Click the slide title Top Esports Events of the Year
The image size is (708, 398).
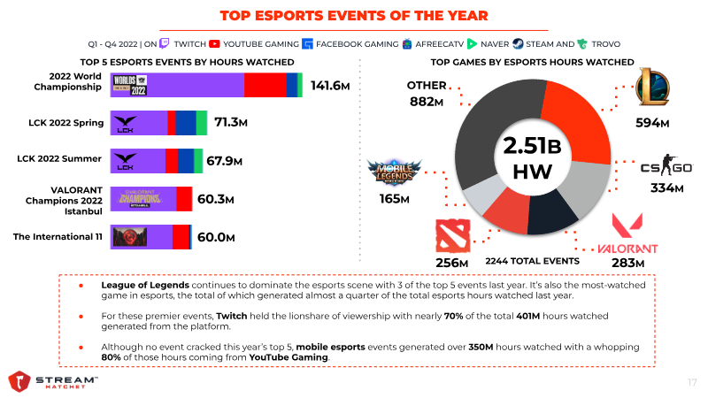tap(353, 16)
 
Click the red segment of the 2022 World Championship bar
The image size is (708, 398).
tap(265, 85)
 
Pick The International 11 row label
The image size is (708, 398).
tap(58, 236)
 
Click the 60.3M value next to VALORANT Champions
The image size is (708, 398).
tap(215, 199)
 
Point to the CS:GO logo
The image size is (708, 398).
tap(666, 168)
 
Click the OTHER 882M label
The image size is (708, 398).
tap(426, 94)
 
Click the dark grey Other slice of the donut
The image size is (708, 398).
tap(482, 124)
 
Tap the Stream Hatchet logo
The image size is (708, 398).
tap(53, 381)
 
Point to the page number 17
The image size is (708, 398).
tap(692, 382)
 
